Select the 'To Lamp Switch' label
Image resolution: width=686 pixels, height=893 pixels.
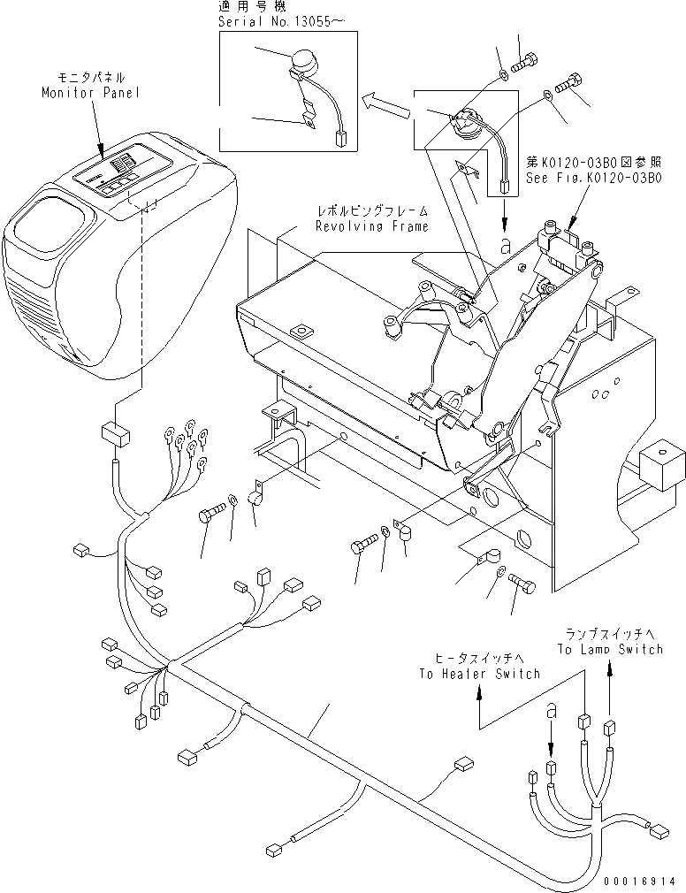609,649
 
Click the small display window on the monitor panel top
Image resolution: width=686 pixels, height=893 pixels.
121,162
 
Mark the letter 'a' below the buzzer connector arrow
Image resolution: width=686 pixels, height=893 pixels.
505,246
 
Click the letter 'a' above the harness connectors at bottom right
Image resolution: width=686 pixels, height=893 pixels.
551,711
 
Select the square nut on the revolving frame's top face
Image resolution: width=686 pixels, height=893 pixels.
303,332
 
